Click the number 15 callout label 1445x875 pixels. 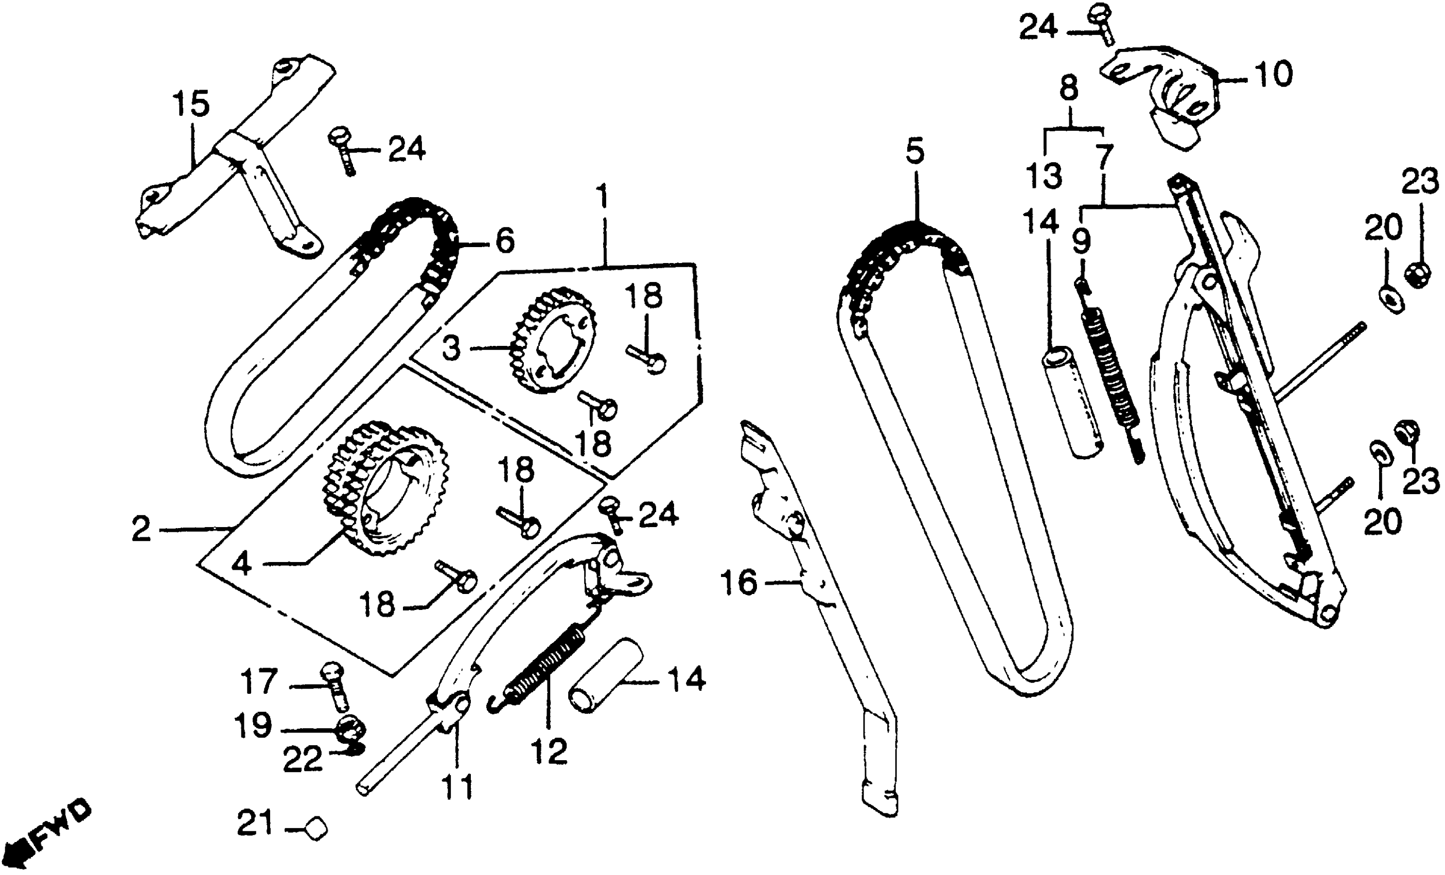[x=191, y=106]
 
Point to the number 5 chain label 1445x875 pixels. [x=914, y=152]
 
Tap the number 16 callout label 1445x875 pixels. [x=739, y=584]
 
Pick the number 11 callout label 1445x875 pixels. [x=457, y=787]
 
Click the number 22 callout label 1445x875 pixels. [x=303, y=761]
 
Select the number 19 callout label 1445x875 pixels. [x=253, y=726]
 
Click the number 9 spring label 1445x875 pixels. [x=1081, y=241]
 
